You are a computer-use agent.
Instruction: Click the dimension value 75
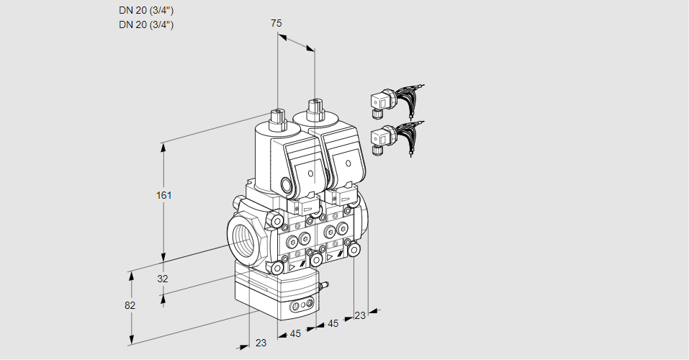click(276, 24)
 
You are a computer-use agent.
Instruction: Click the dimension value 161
click(166, 195)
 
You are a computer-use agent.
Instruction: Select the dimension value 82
click(130, 305)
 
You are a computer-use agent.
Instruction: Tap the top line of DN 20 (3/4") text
click(146, 10)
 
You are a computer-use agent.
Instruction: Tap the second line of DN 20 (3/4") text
click(146, 24)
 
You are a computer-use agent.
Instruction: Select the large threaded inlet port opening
click(243, 238)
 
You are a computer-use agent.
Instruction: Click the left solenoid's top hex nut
click(276, 116)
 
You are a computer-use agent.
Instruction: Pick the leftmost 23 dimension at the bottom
click(261, 343)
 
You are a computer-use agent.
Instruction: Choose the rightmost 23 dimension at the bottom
click(360, 315)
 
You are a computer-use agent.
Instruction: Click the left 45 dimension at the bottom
click(294, 333)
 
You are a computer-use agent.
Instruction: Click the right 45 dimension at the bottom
click(333, 323)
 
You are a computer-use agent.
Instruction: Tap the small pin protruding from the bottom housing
click(323, 287)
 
